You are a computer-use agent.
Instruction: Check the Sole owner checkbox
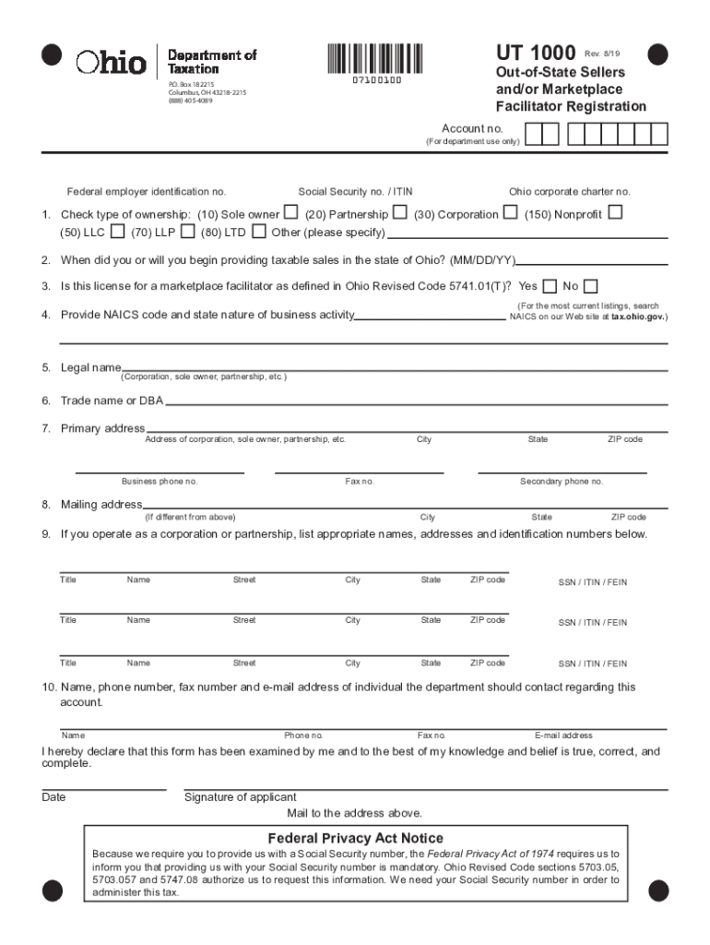[x=290, y=213]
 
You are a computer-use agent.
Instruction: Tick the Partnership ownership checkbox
[x=401, y=213]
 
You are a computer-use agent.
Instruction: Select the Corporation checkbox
[x=510, y=213]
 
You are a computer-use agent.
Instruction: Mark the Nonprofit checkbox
[x=615, y=213]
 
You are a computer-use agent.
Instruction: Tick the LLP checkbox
[x=188, y=231]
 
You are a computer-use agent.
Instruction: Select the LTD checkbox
[x=259, y=231]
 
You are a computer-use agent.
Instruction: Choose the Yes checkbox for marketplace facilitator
[x=550, y=286]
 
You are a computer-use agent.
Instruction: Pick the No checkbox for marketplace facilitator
[x=591, y=286]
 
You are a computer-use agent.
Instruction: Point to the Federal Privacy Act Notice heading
[x=355, y=838]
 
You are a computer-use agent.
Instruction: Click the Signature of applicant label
[x=241, y=797]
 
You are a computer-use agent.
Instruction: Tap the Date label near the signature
[x=53, y=797]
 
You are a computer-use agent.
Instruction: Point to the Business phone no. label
[x=160, y=482]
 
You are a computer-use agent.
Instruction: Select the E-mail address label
[x=563, y=736]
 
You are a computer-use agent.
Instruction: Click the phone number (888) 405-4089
[x=190, y=101]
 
